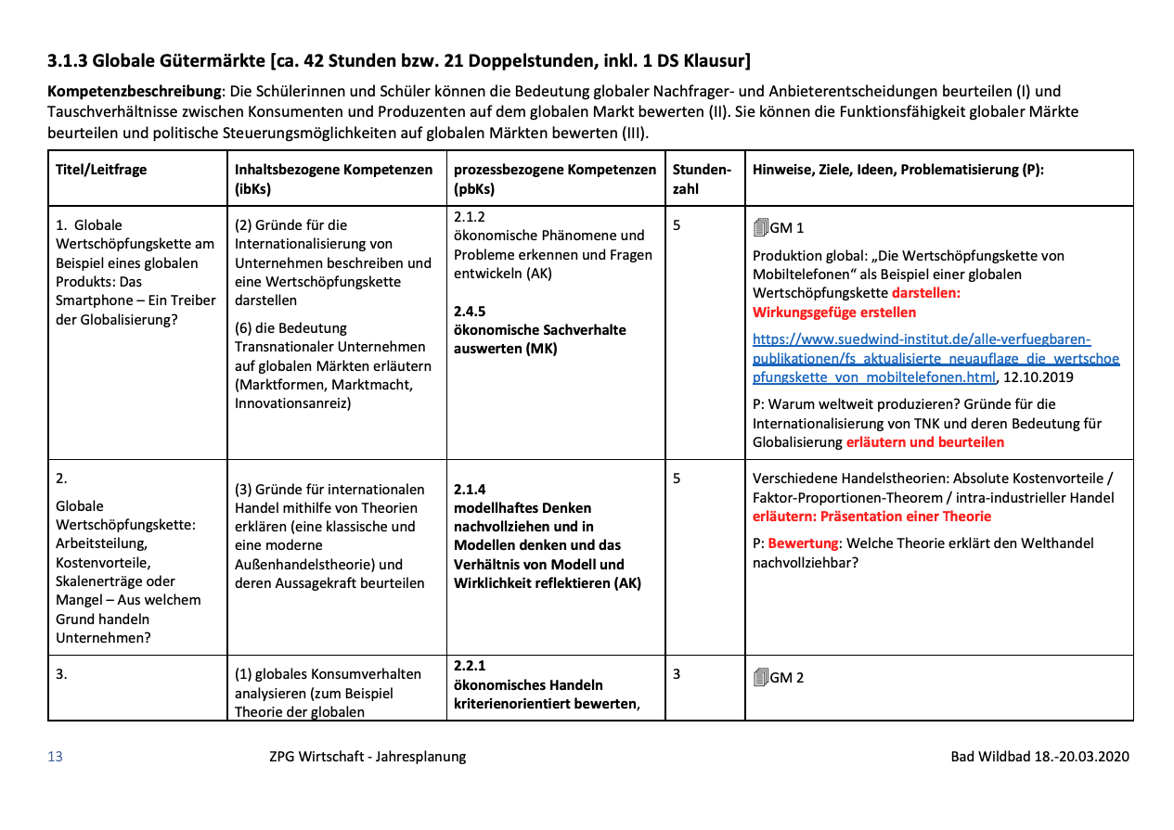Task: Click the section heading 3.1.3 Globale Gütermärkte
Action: pyautogui.click(x=399, y=61)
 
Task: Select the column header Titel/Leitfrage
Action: pyautogui.click(x=101, y=170)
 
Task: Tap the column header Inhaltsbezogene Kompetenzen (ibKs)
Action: pyautogui.click(x=334, y=179)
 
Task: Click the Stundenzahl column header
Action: pyautogui.click(x=702, y=179)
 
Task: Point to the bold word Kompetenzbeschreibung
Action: pyautogui.click(x=135, y=92)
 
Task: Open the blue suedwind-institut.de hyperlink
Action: pyautogui.click(x=935, y=358)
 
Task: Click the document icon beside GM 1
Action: pyautogui.click(x=760, y=227)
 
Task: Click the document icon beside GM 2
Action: pyautogui.click(x=760, y=677)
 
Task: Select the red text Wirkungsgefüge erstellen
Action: pyautogui.click(x=834, y=313)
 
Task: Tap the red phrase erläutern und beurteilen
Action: pyautogui.click(x=924, y=442)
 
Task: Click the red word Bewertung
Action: pyautogui.click(x=804, y=543)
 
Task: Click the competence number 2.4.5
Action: pyautogui.click(x=470, y=311)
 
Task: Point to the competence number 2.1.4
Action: pyautogui.click(x=470, y=489)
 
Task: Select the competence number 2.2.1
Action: pyautogui.click(x=470, y=666)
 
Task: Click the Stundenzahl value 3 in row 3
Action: pyautogui.click(x=677, y=674)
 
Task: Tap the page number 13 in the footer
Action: pyautogui.click(x=55, y=757)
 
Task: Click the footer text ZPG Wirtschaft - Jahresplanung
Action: pyautogui.click(x=361, y=757)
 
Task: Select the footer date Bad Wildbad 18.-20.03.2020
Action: pyautogui.click(x=1039, y=757)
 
